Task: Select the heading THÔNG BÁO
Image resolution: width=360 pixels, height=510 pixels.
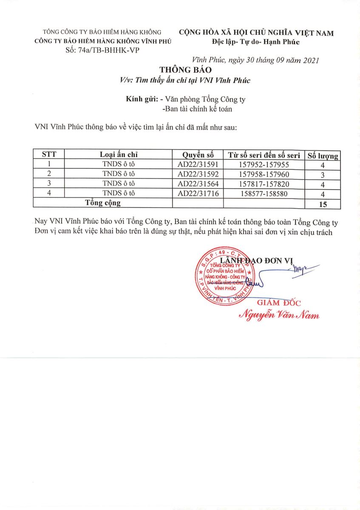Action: point(185,70)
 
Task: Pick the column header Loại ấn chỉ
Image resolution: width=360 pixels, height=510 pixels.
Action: point(119,155)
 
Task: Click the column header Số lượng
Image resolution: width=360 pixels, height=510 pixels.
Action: point(323,155)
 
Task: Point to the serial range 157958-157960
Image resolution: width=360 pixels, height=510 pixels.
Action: point(264,174)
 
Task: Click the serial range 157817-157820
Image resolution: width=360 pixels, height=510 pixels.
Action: point(264,184)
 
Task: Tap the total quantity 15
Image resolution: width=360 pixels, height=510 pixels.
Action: point(323,204)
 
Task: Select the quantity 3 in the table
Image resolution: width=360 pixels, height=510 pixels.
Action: point(323,174)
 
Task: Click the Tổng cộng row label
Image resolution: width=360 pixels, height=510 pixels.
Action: point(103,203)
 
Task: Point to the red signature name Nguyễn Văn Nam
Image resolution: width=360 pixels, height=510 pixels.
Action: point(279,315)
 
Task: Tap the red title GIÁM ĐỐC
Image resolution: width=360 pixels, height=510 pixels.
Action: point(279,303)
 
